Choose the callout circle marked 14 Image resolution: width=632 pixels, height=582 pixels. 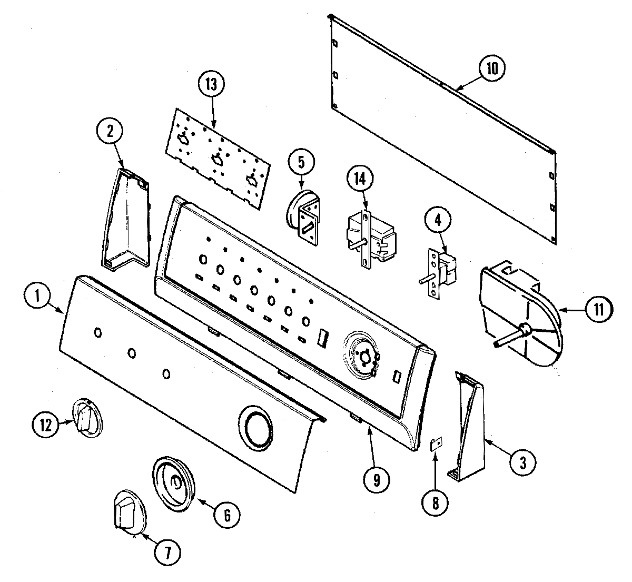pyautogui.click(x=359, y=179)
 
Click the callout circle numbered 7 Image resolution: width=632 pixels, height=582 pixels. pyautogui.click(x=165, y=553)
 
